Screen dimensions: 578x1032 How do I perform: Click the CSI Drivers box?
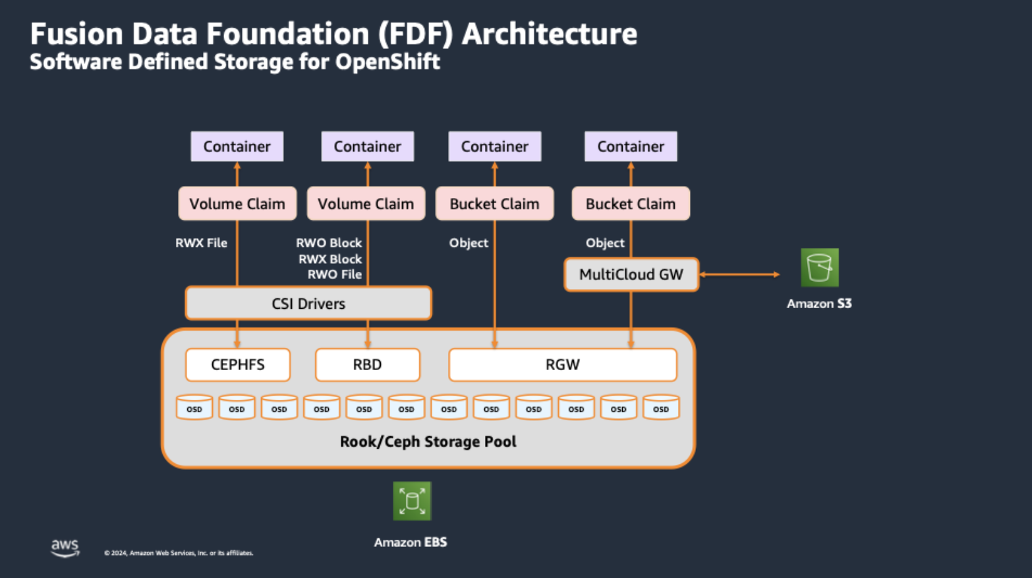coord(308,304)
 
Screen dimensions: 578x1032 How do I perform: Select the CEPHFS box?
coord(238,365)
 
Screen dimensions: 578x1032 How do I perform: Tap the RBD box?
coord(367,365)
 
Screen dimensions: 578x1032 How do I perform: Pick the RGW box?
coord(562,365)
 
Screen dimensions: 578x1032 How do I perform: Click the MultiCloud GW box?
coord(631,274)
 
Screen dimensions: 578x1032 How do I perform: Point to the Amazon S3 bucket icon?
coord(819,267)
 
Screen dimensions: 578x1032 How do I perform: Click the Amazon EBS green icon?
coord(412,501)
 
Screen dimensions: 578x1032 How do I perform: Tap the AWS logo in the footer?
coord(65,548)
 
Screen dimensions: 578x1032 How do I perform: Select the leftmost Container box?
coord(237,146)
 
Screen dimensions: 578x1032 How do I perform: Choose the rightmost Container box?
coord(630,146)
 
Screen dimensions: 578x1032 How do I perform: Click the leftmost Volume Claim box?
coord(237,204)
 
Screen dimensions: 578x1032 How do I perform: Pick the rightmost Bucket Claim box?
coord(630,204)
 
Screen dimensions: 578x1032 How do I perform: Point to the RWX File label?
coord(201,243)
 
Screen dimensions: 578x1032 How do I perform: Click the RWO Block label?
coord(329,243)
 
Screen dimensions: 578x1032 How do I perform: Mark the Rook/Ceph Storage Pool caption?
coord(428,441)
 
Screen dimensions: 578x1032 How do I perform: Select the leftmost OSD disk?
coord(194,408)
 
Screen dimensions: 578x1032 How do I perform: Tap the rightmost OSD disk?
coord(660,408)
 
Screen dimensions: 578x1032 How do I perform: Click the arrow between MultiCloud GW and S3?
coord(739,274)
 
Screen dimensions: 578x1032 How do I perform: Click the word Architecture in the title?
coord(549,34)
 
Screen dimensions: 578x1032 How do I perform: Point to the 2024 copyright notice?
coord(179,553)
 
